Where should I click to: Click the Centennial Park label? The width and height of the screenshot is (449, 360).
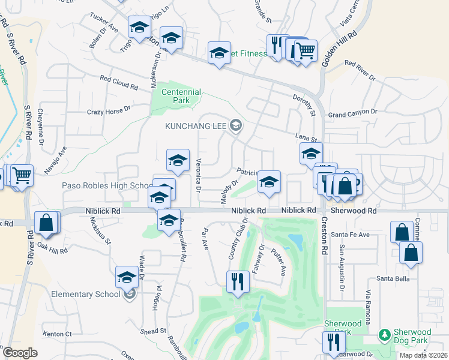181,97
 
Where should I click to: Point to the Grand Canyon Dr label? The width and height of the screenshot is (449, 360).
352,112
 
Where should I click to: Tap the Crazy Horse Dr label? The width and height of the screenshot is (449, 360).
109,110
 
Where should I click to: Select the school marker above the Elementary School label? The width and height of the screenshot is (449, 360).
127,277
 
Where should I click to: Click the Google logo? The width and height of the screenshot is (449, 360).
20,353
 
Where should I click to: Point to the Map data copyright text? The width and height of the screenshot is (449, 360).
424,355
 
